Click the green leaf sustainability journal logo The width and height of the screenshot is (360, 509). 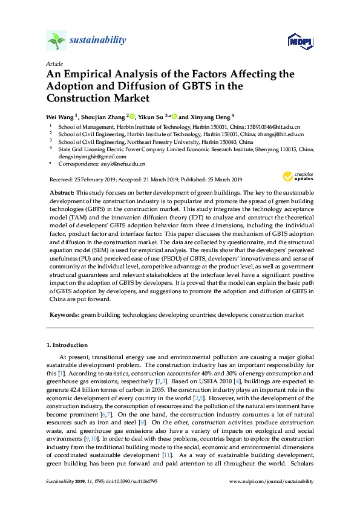56,41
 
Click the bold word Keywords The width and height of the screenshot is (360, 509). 64,315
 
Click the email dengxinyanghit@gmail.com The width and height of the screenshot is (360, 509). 90,156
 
